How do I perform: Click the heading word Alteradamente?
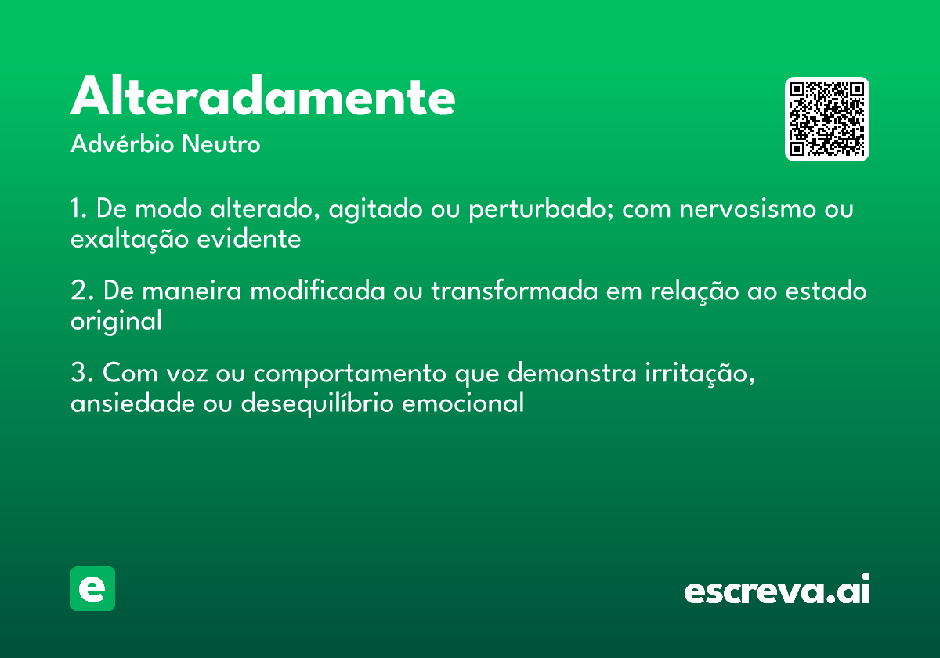(x=263, y=97)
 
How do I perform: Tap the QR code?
(x=827, y=119)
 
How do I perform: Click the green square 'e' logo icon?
(x=92, y=588)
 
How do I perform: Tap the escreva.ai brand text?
(x=777, y=590)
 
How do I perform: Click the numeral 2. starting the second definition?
(x=81, y=291)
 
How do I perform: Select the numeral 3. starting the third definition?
(x=81, y=374)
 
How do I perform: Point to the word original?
(x=116, y=321)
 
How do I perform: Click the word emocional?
(x=462, y=403)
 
